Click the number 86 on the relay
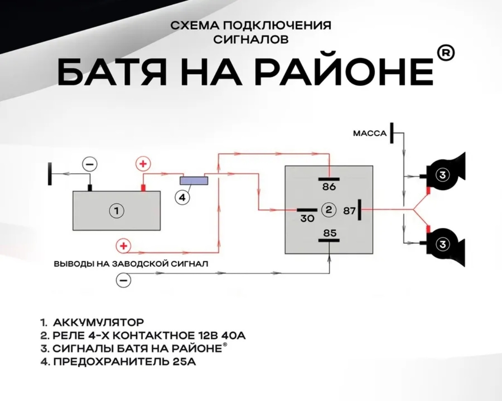click(x=329, y=187)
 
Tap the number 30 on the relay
click(x=307, y=218)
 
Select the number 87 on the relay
click(x=349, y=211)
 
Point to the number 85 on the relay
click(x=330, y=233)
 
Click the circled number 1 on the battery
click(x=116, y=211)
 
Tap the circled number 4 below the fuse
click(x=182, y=198)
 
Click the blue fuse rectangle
click(x=194, y=180)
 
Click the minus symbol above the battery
click(x=89, y=165)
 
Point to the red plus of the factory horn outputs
click(x=123, y=246)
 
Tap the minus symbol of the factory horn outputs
click(x=123, y=280)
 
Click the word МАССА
click(x=370, y=134)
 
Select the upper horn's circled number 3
click(x=443, y=175)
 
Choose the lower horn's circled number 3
click(x=443, y=244)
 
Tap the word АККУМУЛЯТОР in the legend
click(x=98, y=322)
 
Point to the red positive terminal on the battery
click(x=144, y=188)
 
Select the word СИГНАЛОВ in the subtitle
click(x=251, y=39)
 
